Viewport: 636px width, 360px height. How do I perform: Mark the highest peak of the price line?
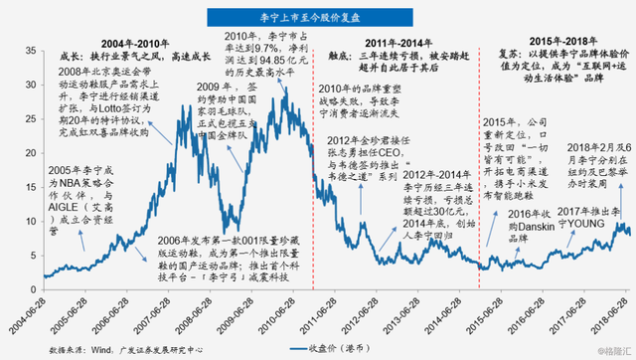tap(286, 96)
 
